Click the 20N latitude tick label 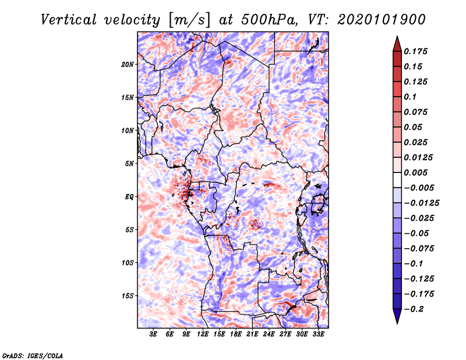tap(128, 65)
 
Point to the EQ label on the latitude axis tap(129, 197)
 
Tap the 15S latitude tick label tap(128, 296)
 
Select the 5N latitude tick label tap(129, 164)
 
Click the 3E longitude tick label tap(153, 334)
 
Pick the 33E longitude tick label tap(318, 334)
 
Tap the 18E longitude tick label tap(236, 334)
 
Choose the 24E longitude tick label tap(269, 334)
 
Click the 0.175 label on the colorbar tap(415, 51)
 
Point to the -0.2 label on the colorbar tap(414, 309)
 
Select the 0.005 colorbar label tap(415, 172)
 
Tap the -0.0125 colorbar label tap(421, 203)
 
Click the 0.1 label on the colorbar tap(410, 97)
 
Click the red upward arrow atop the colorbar tap(397, 44)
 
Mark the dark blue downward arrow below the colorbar tap(397, 316)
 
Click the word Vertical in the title tap(69, 20)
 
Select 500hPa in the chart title tap(269, 20)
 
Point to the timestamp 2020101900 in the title tap(382, 20)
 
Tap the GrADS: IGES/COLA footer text tap(33, 355)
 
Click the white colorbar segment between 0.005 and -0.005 tap(397, 180)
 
